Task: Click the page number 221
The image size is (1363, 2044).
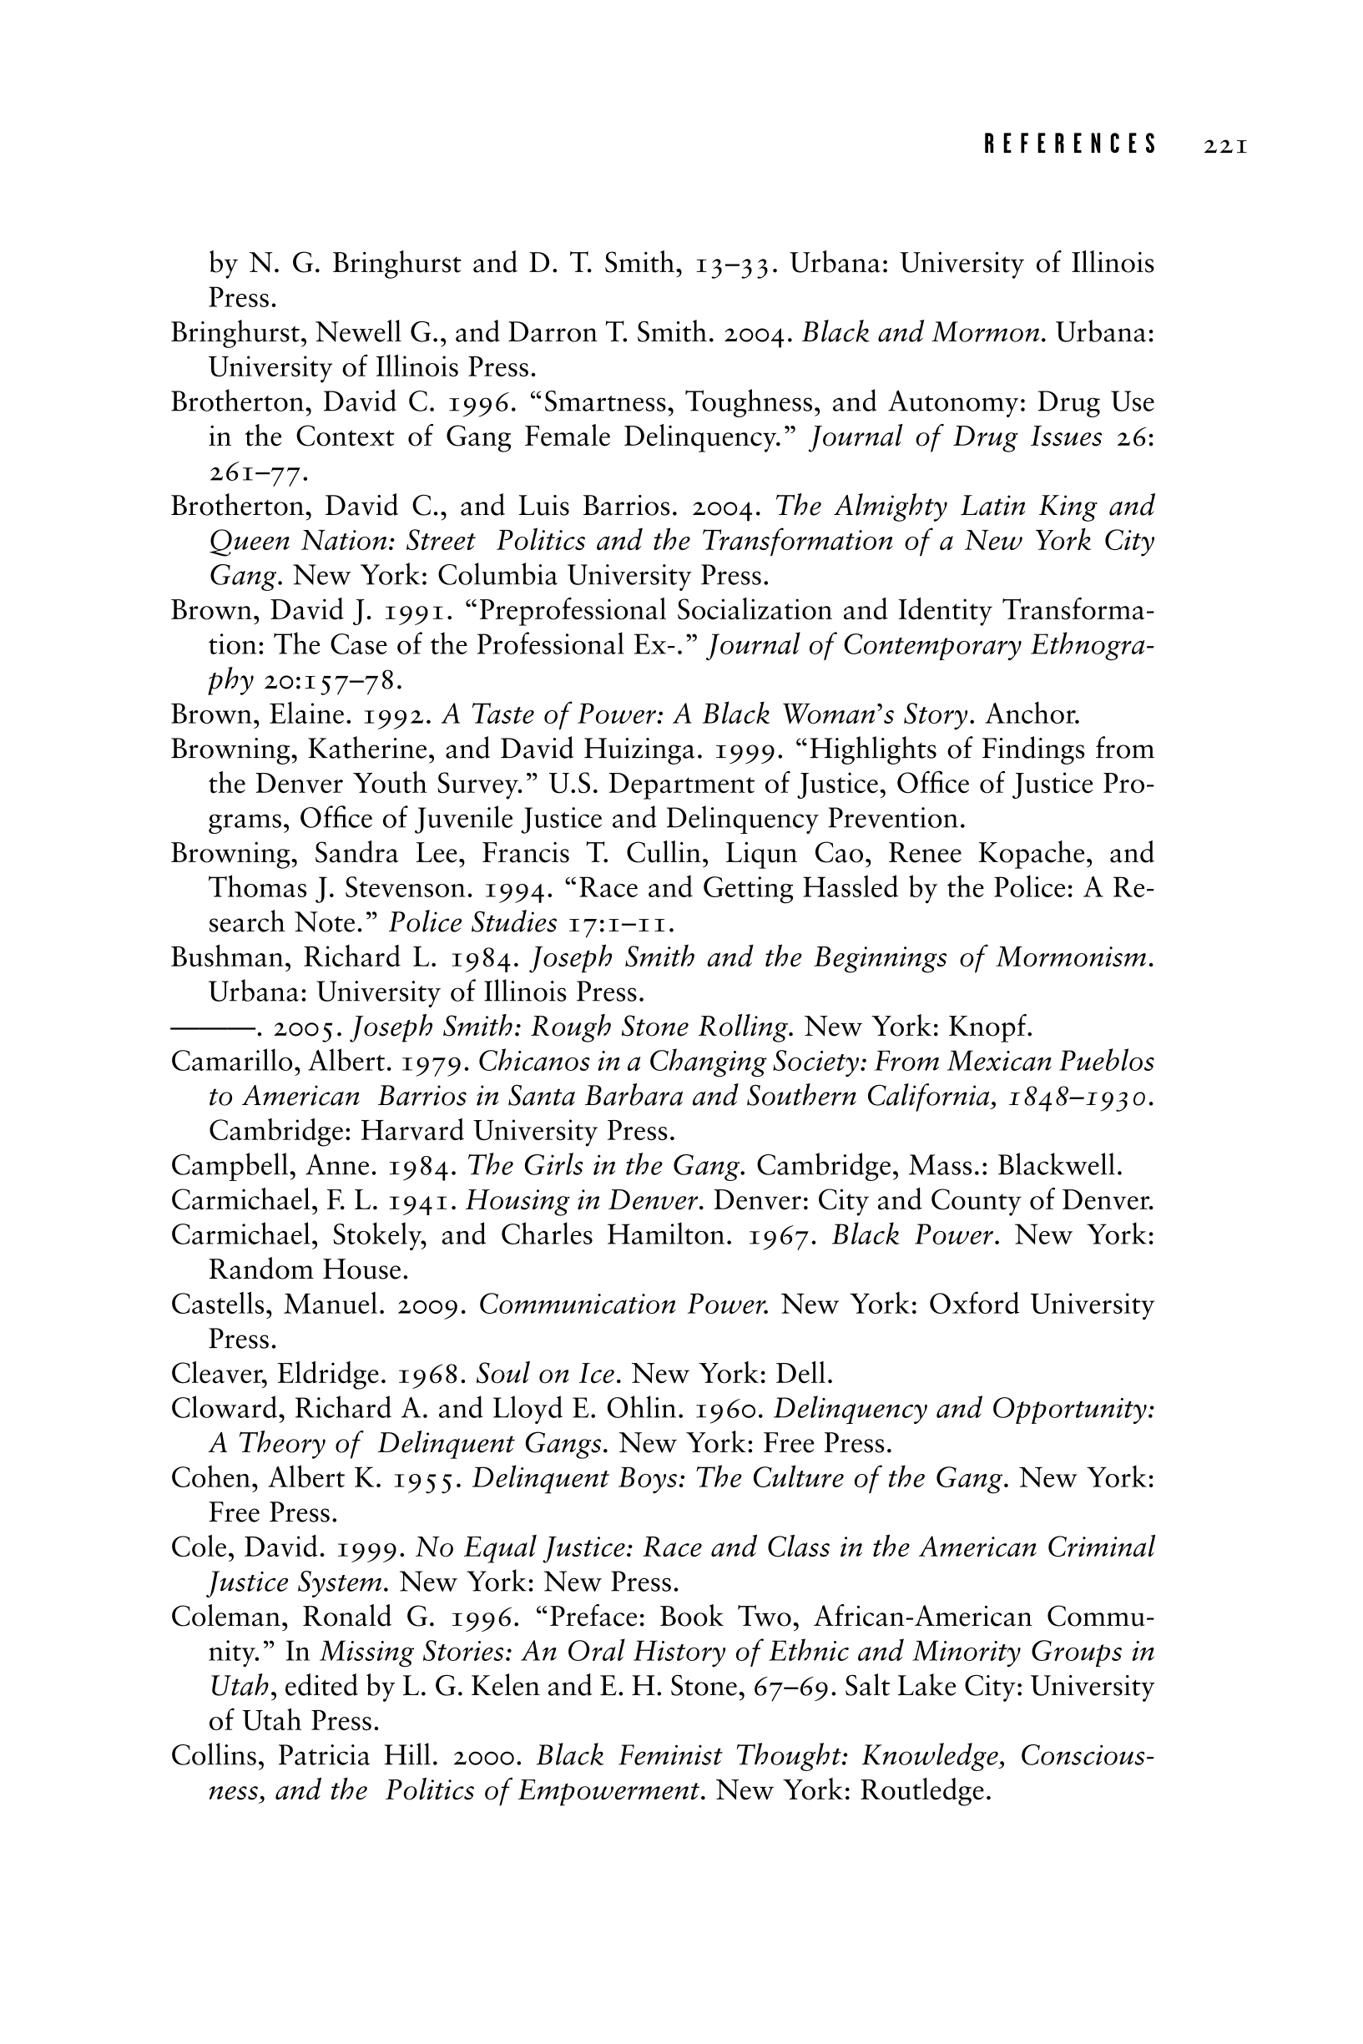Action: point(1225,145)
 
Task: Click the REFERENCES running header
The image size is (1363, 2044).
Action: point(1071,144)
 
